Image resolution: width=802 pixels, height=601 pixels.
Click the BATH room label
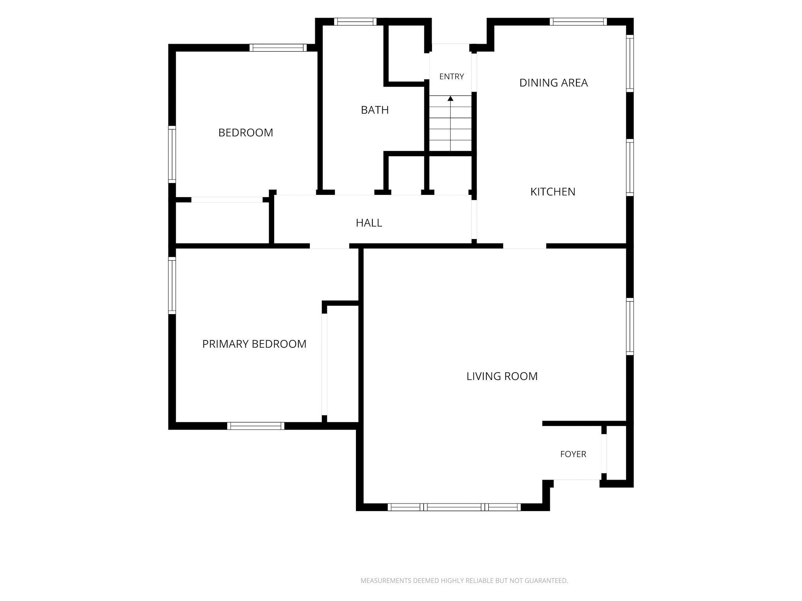click(x=375, y=110)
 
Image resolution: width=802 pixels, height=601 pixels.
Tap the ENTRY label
click(x=452, y=77)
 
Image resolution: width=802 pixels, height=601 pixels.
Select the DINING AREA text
click(x=553, y=83)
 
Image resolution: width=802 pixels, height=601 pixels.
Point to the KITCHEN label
click(x=553, y=192)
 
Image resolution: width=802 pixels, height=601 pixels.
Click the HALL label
click(x=369, y=223)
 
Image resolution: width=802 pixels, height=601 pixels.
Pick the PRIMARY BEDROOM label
click(x=254, y=344)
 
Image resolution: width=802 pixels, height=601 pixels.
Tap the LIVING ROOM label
click(x=502, y=376)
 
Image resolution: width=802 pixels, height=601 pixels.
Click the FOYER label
click(x=573, y=454)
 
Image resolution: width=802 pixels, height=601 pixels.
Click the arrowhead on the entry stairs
click(x=450, y=98)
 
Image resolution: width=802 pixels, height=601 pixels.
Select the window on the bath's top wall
click(x=355, y=22)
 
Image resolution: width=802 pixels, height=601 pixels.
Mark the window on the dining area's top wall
click(x=578, y=22)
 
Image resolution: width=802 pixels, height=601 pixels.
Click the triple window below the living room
click(x=454, y=507)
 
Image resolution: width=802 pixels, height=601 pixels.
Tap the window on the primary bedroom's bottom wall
click(x=256, y=426)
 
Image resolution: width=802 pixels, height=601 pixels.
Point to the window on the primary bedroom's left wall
click(x=172, y=286)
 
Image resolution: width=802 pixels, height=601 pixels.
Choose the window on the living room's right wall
click(x=630, y=327)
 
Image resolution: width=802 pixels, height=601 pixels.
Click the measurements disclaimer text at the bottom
click(x=464, y=581)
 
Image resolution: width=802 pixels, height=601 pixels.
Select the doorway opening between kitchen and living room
click(x=525, y=246)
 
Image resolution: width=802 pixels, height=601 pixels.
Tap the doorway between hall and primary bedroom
click(x=329, y=246)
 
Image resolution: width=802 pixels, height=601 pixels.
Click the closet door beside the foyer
click(x=604, y=454)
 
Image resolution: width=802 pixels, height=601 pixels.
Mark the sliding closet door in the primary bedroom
click(x=324, y=364)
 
